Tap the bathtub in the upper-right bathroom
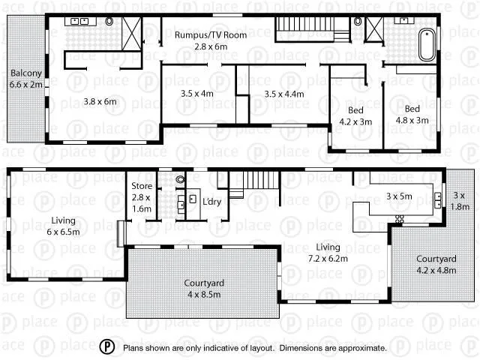tap(427, 44)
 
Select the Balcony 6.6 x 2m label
tap(26, 79)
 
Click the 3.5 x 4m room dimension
tap(197, 94)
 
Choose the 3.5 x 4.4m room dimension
tap(284, 94)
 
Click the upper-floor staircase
tap(304, 31)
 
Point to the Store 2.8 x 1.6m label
tap(141, 196)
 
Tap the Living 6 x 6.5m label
tap(63, 226)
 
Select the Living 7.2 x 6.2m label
tap(327, 253)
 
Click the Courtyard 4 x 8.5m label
tap(205, 289)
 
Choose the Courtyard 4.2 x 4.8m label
tap(430, 265)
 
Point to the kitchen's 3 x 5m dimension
tap(399, 196)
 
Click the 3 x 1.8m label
tap(459, 201)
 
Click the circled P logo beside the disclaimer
tap(108, 347)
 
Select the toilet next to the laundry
tap(180, 180)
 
